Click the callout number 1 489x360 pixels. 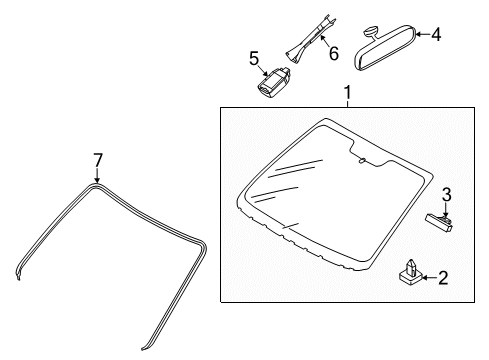(x=347, y=93)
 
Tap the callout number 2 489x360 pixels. (x=443, y=278)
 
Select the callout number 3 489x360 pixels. (x=447, y=195)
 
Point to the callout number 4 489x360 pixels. (x=436, y=34)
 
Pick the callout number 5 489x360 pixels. (x=254, y=59)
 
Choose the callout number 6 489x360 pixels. (x=333, y=53)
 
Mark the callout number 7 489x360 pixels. (x=97, y=160)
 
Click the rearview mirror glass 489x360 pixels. (x=385, y=48)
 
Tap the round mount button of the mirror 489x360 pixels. (x=370, y=32)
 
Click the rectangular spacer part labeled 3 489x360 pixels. (x=439, y=223)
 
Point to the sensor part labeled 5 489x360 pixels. (x=273, y=82)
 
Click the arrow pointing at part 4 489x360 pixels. (x=423, y=34)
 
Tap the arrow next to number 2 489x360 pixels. (x=430, y=277)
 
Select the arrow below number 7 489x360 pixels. (x=97, y=175)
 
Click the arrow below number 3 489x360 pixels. (x=446, y=210)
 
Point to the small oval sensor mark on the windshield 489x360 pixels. (x=362, y=161)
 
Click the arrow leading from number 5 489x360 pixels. (x=264, y=71)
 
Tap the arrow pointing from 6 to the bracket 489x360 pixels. (x=324, y=41)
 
